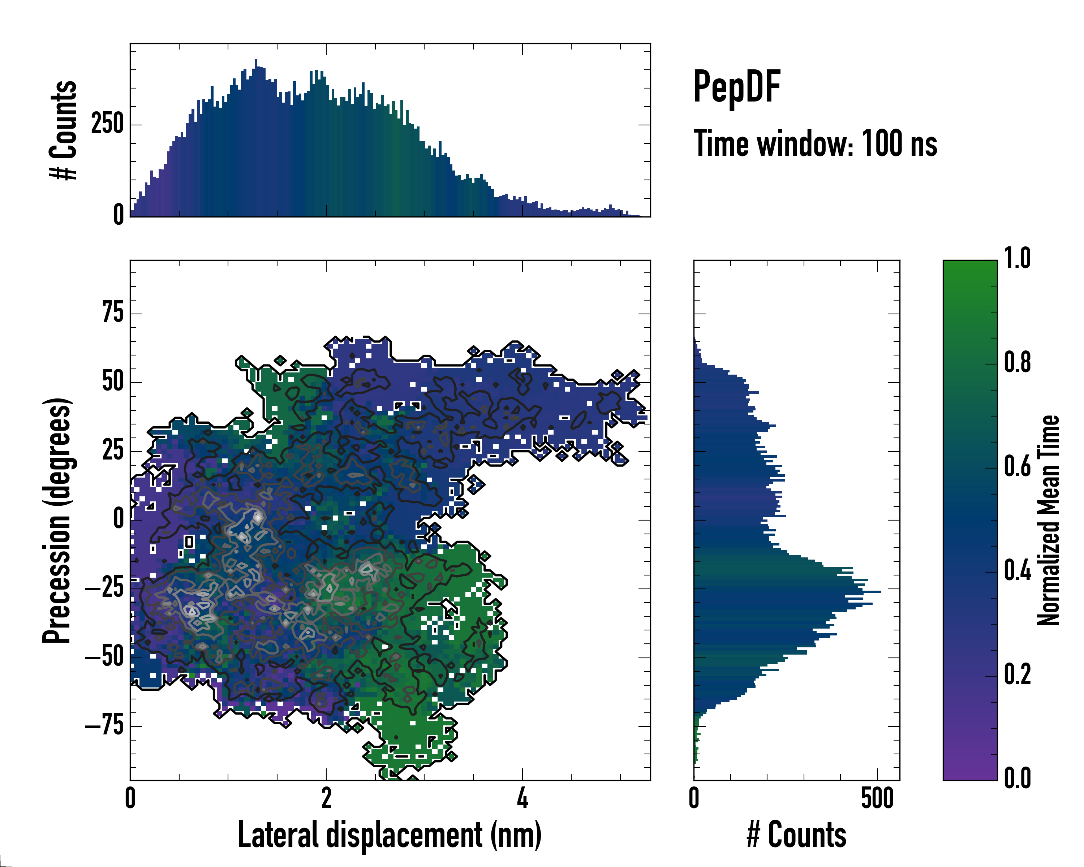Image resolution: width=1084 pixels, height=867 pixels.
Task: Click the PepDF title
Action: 736,86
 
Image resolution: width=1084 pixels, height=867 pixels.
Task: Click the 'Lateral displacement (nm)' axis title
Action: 390,835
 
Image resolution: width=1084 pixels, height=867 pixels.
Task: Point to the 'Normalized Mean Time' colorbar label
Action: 1048,520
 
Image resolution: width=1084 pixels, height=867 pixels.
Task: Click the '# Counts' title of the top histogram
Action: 63,130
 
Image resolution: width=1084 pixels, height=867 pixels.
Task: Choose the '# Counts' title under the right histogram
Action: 796,835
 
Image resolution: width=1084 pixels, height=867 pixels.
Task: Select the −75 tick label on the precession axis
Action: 104,725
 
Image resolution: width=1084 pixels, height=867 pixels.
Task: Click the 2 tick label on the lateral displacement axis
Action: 326,798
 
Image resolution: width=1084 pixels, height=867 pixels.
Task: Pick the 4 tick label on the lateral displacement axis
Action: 522,798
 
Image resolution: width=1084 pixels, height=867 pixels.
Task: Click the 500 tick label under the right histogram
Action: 877,798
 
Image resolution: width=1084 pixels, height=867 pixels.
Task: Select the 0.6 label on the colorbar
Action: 1017,466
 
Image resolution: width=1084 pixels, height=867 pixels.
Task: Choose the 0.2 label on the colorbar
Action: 1017,674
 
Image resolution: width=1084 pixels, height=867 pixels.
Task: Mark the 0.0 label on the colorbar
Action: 1017,778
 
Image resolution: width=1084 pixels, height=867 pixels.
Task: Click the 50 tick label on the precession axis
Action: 113,381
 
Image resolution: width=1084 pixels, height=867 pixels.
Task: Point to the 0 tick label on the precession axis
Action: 119,519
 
